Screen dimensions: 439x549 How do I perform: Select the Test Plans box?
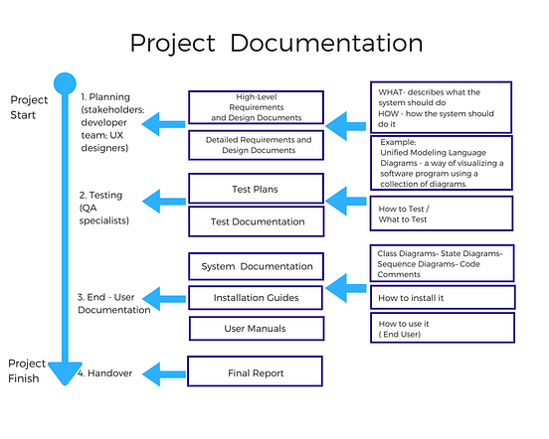click(x=257, y=188)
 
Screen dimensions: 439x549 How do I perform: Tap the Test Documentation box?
click(x=257, y=221)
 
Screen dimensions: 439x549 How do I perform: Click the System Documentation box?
click(x=257, y=266)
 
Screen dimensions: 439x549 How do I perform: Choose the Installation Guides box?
click(x=257, y=297)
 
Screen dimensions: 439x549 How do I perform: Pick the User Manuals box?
click(x=257, y=328)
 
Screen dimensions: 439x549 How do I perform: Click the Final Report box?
click(x=257, y=373)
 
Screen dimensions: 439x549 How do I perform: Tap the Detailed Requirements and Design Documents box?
click(x=257, y=145)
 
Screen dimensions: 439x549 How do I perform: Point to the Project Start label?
click(x=28, y=108)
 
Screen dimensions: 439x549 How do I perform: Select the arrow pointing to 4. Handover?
click(x=164, y=373)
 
